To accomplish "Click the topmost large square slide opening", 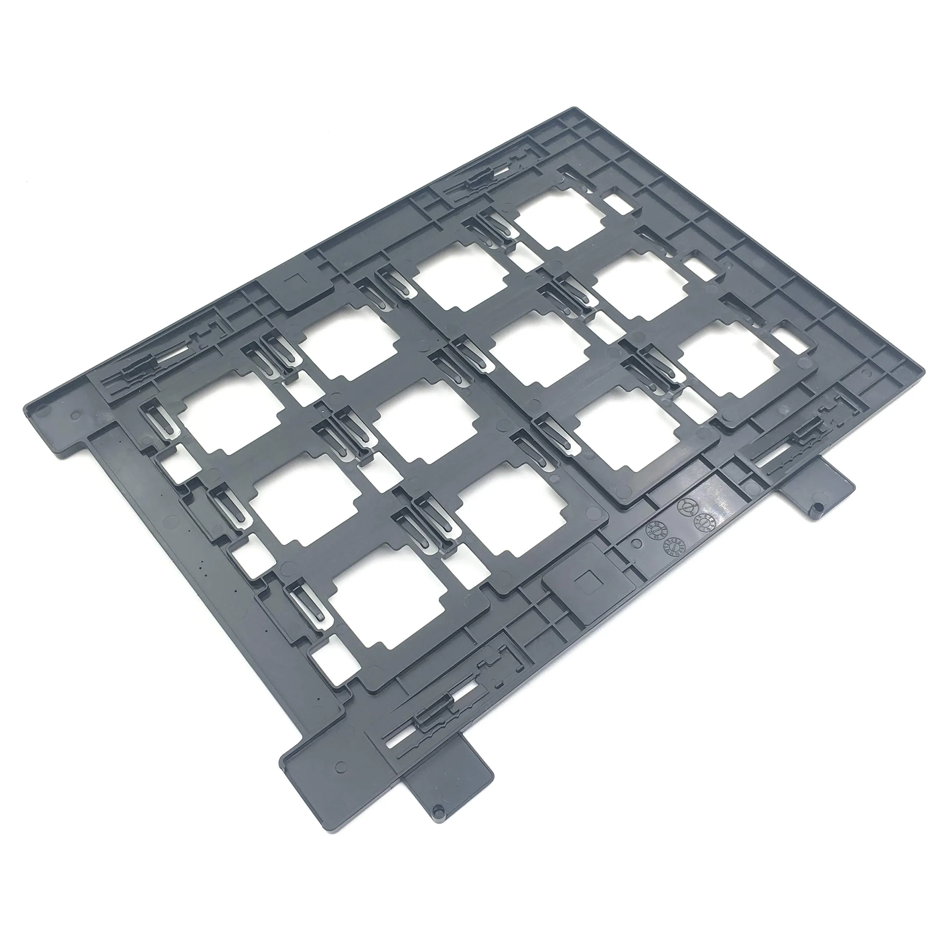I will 559,224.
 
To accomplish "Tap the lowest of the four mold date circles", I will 673,549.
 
